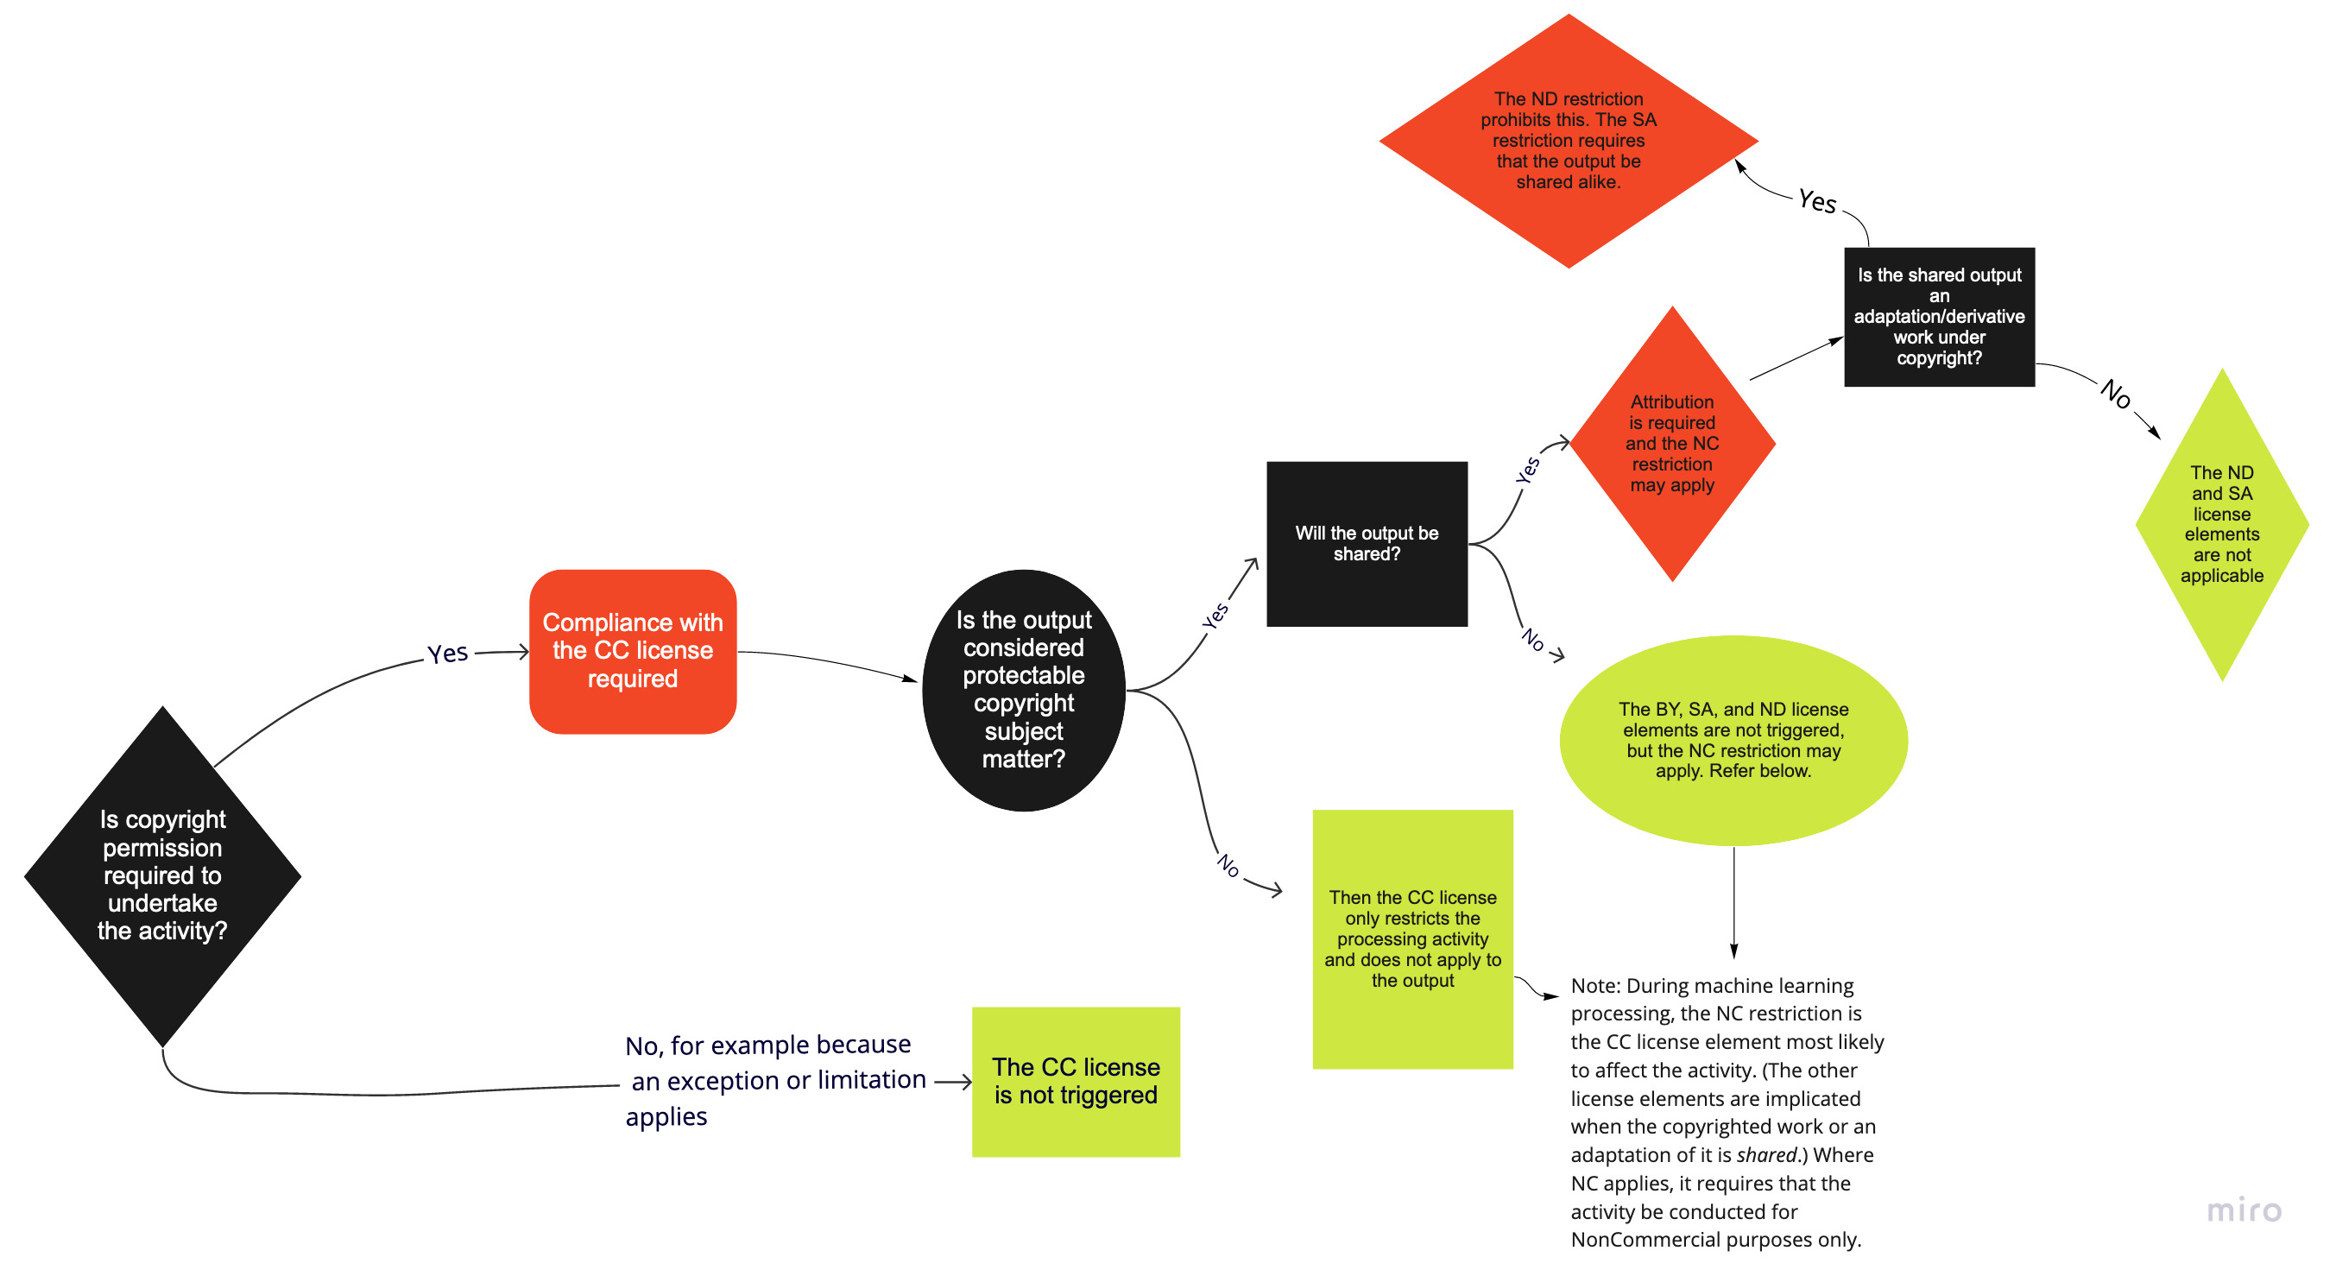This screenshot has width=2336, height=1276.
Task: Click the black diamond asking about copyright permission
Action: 162,875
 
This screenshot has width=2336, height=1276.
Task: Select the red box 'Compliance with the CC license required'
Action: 632,650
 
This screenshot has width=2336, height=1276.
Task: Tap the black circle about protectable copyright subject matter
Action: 1023,689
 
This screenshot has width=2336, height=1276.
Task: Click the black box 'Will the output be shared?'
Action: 1366,543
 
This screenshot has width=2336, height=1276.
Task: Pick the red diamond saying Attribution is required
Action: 1671,444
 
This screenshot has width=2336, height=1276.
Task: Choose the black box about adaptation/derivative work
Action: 1939,317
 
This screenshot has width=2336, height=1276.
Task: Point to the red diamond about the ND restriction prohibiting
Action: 1568,141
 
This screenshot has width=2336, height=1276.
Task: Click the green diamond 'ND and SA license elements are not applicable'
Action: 2221,524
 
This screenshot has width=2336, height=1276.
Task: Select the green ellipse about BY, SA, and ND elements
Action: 1732,740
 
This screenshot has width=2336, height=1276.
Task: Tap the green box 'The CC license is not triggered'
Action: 1076,1081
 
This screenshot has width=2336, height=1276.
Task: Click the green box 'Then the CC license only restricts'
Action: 1412,938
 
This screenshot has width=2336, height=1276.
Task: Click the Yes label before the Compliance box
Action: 447,653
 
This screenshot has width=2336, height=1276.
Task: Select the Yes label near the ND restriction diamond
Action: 1816,201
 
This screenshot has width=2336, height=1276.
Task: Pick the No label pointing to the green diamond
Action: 2115,394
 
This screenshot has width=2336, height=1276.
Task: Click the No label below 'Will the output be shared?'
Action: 1532,640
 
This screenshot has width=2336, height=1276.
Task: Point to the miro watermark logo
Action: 2243,1210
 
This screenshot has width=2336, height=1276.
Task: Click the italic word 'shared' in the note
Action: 1765,1154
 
